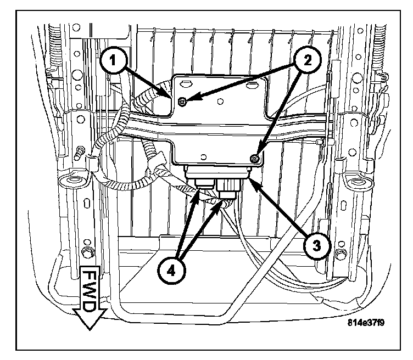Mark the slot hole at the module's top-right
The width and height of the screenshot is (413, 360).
pos(253,85)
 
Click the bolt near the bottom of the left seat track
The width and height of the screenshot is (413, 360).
pos(85,253)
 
